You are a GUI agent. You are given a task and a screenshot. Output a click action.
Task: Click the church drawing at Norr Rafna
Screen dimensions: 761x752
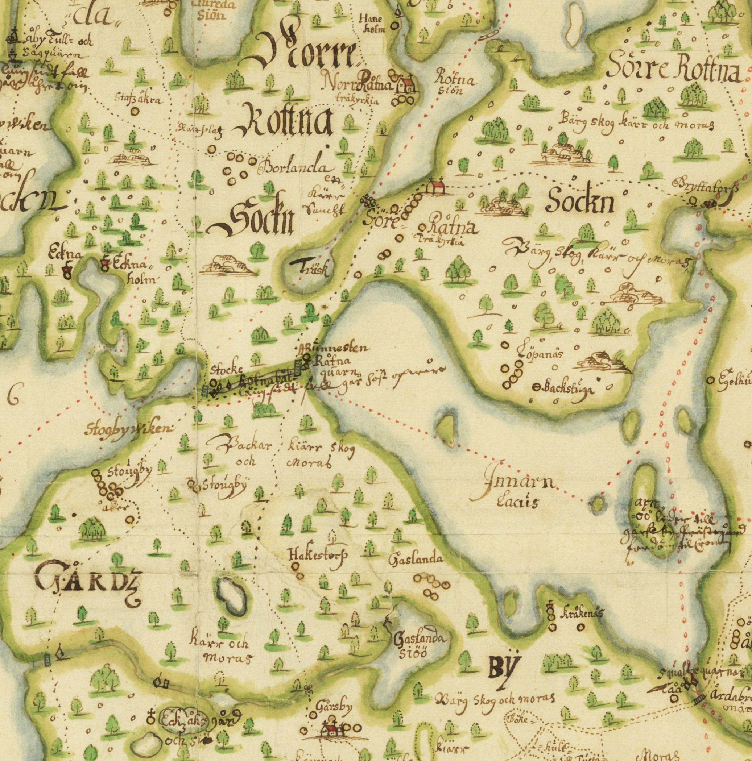[406, 84]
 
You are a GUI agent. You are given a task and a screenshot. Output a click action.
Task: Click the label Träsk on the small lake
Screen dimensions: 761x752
[309, 268]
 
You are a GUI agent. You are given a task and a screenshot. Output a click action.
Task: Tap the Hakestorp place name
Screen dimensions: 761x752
[318, 555]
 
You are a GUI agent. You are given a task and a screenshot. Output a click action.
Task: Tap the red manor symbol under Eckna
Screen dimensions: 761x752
[67, 271]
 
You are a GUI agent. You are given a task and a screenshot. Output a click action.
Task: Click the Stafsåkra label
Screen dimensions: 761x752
[137, 100]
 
